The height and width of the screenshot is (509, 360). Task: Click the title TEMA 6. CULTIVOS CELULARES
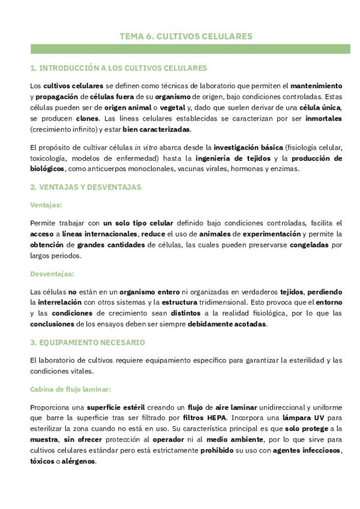point(186,37)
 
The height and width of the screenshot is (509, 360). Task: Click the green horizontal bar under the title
point(190,49)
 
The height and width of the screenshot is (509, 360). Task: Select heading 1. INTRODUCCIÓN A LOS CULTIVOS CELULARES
point(119,68)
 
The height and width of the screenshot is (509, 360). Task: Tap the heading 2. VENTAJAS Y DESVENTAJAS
point(86,187)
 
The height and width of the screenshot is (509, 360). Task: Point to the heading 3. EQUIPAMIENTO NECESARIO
point(87,343)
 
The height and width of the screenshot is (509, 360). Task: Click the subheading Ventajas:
point(46,205)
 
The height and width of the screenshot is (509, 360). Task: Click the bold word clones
point(87,119)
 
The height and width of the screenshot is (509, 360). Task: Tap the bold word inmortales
point(322,119)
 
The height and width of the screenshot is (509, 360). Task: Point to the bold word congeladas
point(310,245)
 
